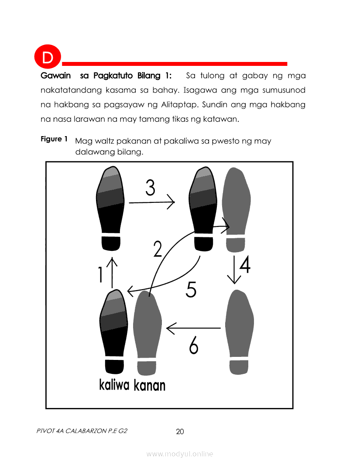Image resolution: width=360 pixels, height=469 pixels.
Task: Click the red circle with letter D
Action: pos(48,57)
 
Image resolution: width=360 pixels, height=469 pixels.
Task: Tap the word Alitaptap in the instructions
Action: pos(179,105)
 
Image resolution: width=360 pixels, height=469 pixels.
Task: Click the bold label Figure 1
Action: pos(54,139)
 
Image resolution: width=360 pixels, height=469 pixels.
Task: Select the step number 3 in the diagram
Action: pos(150,188)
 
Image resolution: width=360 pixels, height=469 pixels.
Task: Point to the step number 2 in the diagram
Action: pos(158,249)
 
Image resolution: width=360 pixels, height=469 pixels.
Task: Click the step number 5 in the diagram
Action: pos(191,289)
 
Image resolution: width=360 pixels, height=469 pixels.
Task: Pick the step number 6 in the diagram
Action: pos(194,345)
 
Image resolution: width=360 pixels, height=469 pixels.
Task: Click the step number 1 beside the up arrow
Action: pos(100,274)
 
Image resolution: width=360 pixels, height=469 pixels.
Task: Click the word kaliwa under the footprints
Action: pos(114,385)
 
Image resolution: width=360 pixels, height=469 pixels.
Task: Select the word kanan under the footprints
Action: pos(149,385)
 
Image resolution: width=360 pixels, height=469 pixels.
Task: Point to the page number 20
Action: pos(180,431)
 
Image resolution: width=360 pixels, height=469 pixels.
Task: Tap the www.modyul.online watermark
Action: pos(179,454)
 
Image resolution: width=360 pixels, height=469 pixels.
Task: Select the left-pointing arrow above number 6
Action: pos(193,328)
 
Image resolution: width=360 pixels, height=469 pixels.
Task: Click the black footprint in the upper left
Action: pos(110,208)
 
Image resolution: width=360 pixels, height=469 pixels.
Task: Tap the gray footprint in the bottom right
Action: pos(239,332)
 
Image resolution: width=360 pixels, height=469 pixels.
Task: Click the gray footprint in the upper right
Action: pos(236,209)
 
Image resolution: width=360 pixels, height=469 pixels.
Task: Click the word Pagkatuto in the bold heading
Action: pos(113,75)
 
